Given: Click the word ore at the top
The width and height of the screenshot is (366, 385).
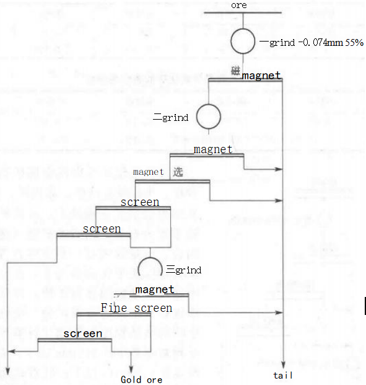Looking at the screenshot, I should pos(238,6).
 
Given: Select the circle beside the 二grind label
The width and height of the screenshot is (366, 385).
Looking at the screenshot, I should pos(208,116).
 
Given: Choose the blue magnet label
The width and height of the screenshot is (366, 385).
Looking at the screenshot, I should pos(148,172).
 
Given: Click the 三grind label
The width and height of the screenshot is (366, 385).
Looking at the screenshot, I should pos(184,270).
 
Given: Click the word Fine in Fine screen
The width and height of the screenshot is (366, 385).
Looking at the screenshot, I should pos(113,308).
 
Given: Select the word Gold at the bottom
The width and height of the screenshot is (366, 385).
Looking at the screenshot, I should pos(131,379).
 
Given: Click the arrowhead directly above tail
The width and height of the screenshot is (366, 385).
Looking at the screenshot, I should pos(282,366).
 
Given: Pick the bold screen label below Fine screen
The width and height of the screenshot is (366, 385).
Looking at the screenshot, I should pos(82,334).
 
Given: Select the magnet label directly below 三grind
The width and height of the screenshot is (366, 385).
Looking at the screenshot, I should pos(154,290).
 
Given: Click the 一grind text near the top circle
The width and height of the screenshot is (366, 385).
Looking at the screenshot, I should pos(277,43).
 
